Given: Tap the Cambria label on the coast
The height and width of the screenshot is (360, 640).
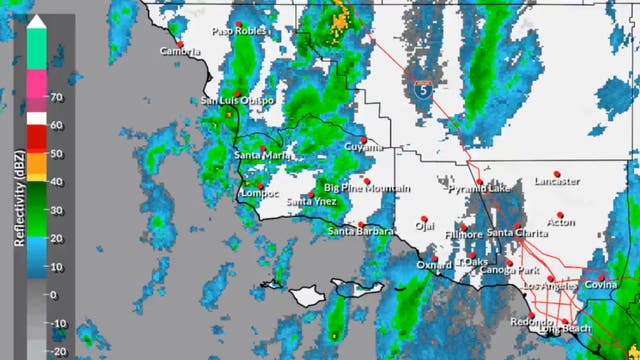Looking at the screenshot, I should click(x=181, y=52).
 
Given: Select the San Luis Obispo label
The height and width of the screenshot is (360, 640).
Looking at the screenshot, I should click(x=237, y=101).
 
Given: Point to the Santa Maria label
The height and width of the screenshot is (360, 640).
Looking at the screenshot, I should click(x=262, y=155).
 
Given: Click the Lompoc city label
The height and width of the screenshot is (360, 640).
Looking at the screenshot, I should click(x=259, y=194).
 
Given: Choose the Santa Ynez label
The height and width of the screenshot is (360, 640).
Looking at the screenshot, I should click(x=311, y=201).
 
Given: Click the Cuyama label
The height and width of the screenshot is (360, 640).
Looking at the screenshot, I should click(x=363, y=147).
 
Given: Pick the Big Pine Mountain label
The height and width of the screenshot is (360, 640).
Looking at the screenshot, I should click(x=367, y=188).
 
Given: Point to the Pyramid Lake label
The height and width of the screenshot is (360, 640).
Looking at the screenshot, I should click(x=478, y=188).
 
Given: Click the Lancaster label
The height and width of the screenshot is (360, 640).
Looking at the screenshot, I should click(x=556, y=182).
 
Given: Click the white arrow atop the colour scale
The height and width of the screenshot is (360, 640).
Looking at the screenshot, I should click(x=35, y=19).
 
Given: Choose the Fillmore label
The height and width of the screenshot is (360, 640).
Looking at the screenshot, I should click(x=464, y=234).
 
